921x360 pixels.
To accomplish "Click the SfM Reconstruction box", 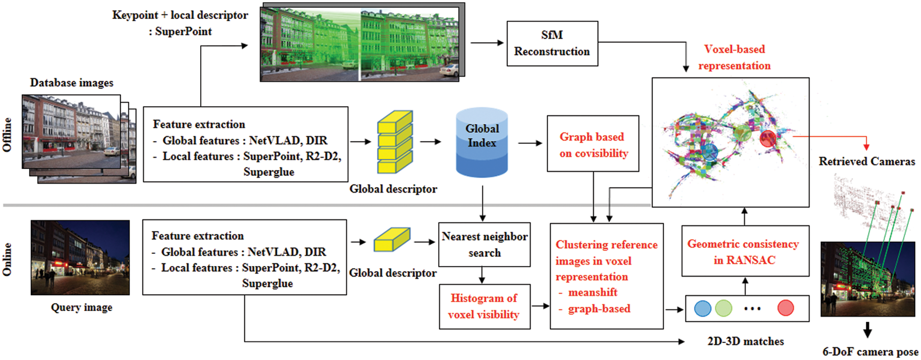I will [x=552, y=44].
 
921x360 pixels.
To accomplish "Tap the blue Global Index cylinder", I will [x=482, y=142].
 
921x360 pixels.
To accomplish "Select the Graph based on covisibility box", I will [x=593, y=143].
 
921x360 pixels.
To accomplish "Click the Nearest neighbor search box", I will [x=484, y=244].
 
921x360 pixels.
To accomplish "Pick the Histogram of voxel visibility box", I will [x=484, y=306].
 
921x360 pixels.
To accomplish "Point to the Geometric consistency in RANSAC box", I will [x=745, y=251].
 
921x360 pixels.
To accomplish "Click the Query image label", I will [x=81, y=308].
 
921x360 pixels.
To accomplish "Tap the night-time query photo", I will [x=80, y=257].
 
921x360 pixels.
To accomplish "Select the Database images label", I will [x=72, y=83].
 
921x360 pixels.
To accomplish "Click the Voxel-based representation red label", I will [x=734, y=57].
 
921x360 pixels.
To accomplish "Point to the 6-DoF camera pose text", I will [x=870, y=352].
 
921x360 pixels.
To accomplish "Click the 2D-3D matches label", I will [x=746, y=341].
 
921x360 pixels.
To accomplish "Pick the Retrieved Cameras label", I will [x=867, y=161].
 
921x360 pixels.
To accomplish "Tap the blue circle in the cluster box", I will [x=702, y=308].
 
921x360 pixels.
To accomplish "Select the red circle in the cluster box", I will [x=785, y=308].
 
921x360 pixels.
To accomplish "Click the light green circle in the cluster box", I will [x=723, y=308].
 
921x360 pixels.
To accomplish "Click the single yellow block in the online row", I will [x=392, y=240].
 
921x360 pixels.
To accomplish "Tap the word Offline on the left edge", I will [x=7, y=135].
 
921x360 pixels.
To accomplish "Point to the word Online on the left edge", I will [x=7, y=260].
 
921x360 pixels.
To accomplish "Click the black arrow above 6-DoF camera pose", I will [x=868, y=330].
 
